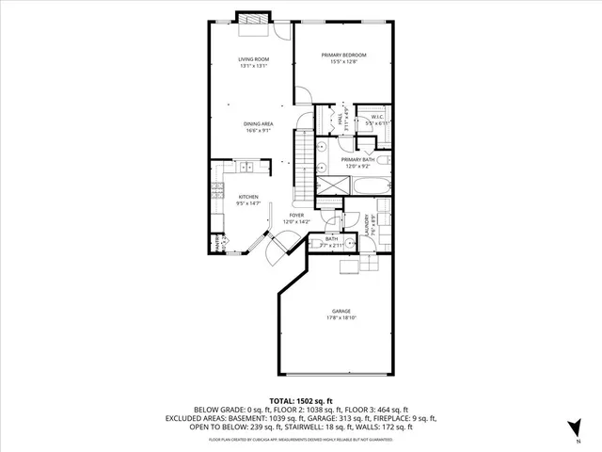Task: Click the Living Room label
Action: (x=252, y=59)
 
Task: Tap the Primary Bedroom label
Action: (x=343, y=56)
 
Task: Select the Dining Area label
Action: (x=258, y=123)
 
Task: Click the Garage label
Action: (x=341, y=311)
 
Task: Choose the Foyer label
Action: (x=296, y=215)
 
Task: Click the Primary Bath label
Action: (x=358, y=160)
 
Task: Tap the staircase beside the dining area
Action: (x=304, y=165)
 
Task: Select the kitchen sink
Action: (x=247, y=168)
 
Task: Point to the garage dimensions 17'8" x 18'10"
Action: (x=341, y=318)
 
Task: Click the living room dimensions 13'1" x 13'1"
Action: (x=252, y=66)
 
